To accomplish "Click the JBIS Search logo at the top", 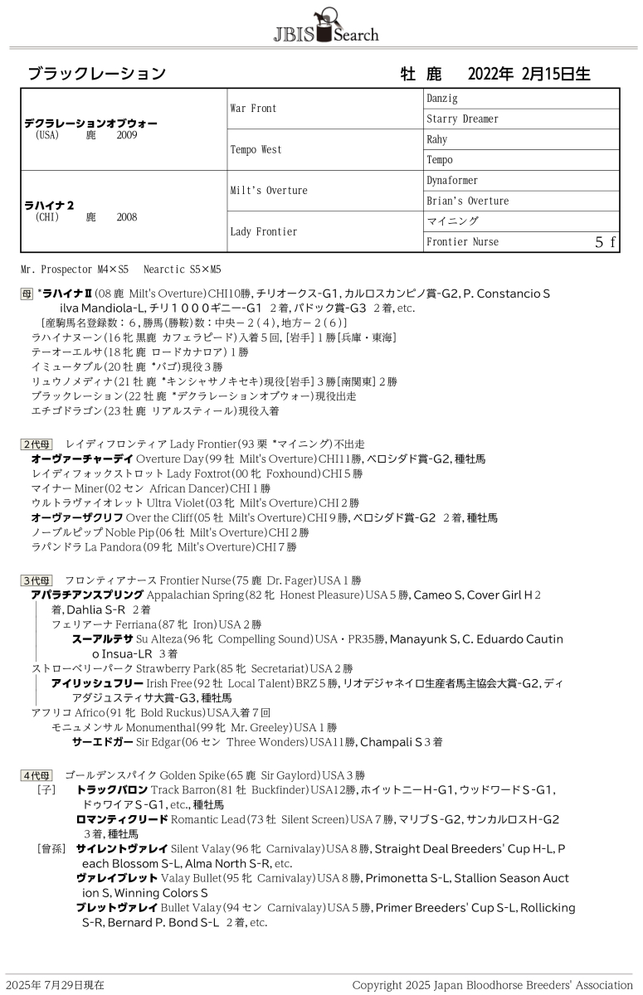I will tap(325, 27).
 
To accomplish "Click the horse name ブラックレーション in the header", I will tap(97, 74).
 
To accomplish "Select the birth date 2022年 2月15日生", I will tap(529, 74).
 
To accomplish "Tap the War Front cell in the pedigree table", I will tap(253, 109).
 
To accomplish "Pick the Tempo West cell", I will tap(256, 150).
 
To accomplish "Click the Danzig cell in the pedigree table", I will tap(442, 99).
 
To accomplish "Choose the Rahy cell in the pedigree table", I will tap(436, 140).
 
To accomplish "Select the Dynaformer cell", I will tap(452, 181).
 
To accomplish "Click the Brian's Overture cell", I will tap(467, 201).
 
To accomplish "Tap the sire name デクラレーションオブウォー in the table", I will tap(90, 123).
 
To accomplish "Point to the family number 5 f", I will tap(605, 242).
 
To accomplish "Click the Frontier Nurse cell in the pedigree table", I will tap(462, 242).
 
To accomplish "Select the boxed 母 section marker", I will tap(27, 294).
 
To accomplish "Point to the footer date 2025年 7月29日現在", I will tap(56, 985).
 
